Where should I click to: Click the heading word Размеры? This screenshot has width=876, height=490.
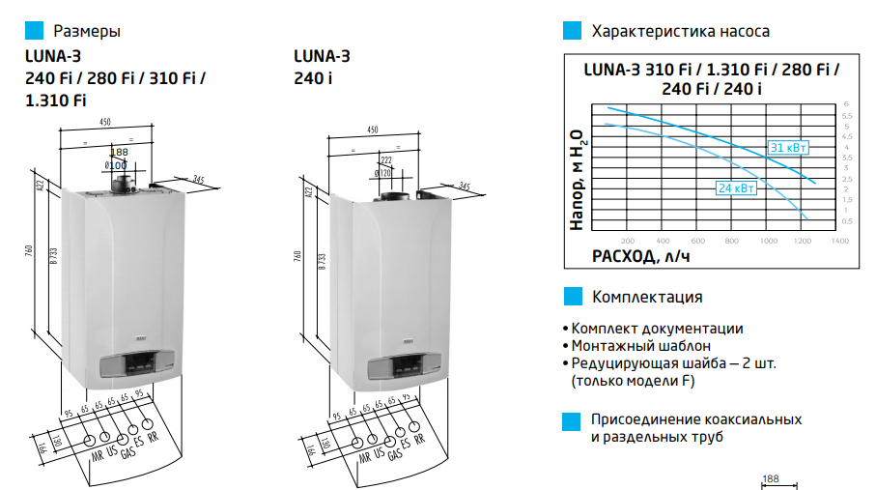point(87,32)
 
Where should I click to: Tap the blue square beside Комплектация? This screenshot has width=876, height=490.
point(573,297)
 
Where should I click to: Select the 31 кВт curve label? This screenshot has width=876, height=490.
point(788,148)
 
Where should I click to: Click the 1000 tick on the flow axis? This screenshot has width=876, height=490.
point(769,240)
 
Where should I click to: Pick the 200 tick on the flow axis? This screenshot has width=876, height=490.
point(627,240)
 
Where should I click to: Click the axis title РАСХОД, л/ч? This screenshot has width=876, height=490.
point(641,257)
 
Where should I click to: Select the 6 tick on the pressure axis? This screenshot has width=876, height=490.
point(845,103)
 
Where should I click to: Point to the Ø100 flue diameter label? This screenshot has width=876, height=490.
point(116,165)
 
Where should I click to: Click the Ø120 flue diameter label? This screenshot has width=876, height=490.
point(383,172)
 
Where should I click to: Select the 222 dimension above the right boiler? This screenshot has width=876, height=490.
point(386,160)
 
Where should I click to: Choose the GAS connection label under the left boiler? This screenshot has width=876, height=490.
point(126,455)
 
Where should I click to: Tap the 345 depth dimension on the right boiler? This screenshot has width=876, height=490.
point(465,186)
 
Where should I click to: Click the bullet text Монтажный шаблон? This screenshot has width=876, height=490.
point(639,345)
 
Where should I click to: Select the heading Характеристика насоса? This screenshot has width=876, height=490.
point(680,32)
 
